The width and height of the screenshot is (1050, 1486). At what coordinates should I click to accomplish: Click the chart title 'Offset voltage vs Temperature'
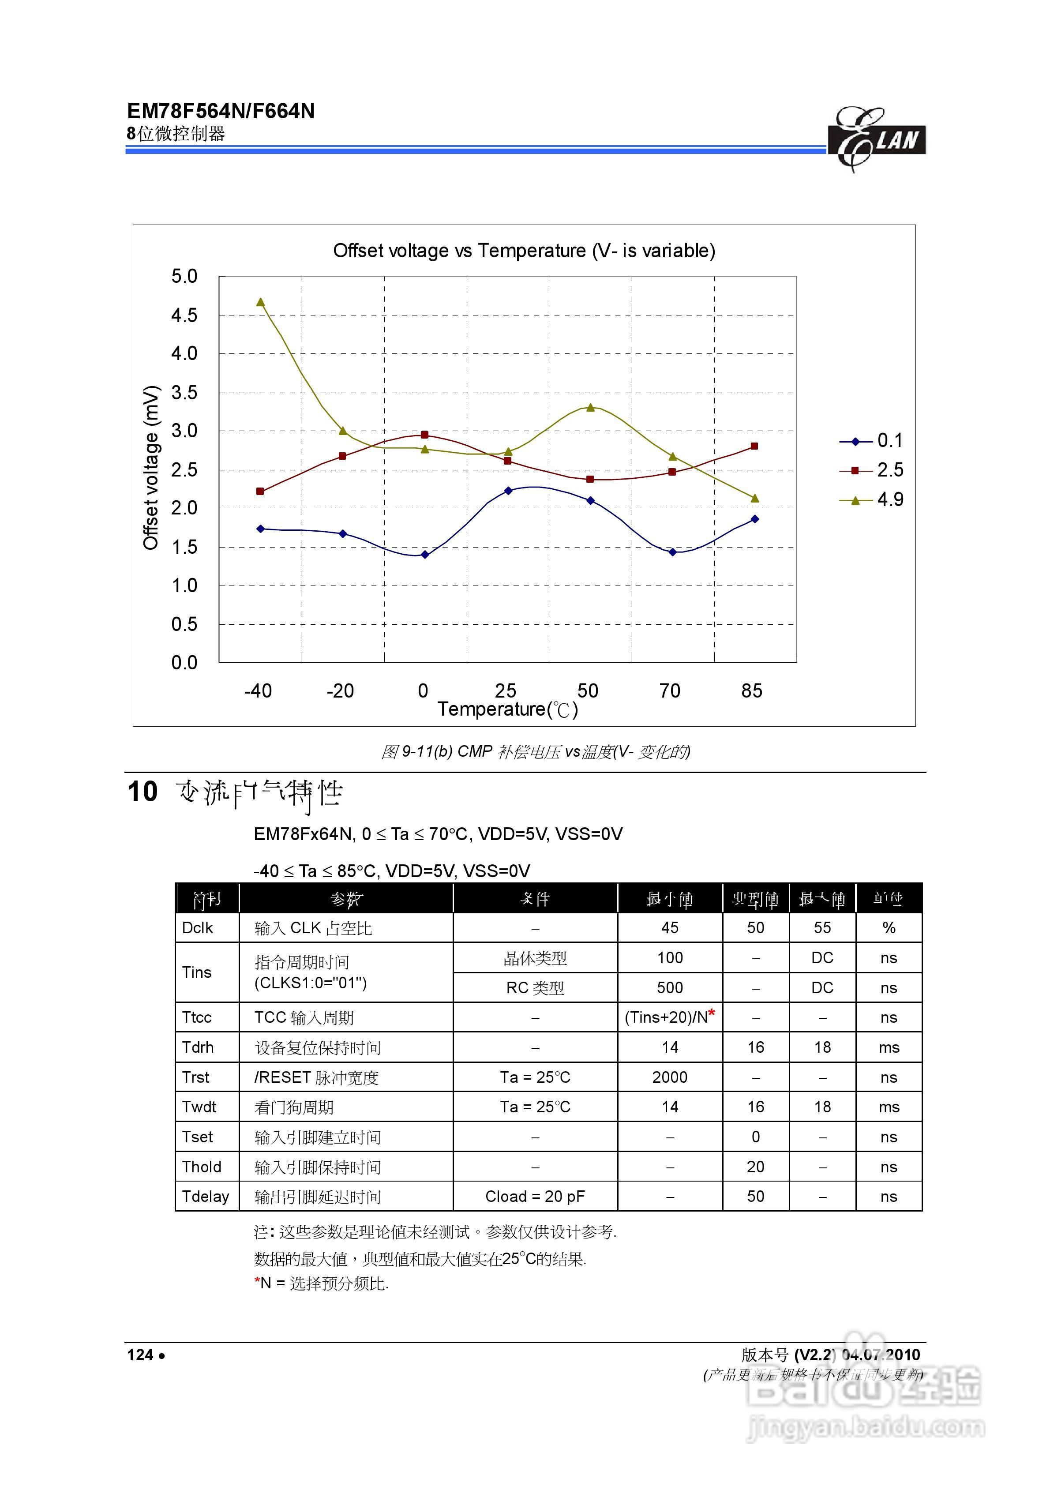click(x=524, y=251)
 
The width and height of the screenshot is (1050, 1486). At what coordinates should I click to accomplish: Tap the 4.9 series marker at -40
click(x=260, y=302)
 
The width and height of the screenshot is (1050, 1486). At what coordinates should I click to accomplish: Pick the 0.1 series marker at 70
click(x=673, y=552)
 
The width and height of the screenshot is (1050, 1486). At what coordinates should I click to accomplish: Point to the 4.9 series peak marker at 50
click(x=590, y=407)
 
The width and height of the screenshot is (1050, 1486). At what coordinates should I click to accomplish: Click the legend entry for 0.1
click(x=871, y=441)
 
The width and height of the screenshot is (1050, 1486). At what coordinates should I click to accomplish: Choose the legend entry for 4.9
click(x=871, y=499)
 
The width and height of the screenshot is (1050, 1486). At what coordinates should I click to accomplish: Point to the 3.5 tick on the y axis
click(x=184, y=392)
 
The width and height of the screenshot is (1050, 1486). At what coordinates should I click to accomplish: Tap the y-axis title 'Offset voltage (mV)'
click(x=151, y=467)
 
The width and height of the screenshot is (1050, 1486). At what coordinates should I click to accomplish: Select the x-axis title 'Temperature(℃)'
click(x=507, y=710)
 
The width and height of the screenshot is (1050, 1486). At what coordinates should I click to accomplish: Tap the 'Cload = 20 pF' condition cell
click(x=535, y=1196)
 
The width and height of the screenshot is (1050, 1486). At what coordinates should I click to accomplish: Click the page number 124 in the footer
click(x=140, y=1355)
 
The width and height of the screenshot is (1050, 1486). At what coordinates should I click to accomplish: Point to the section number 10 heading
click(x=142, y=792)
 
